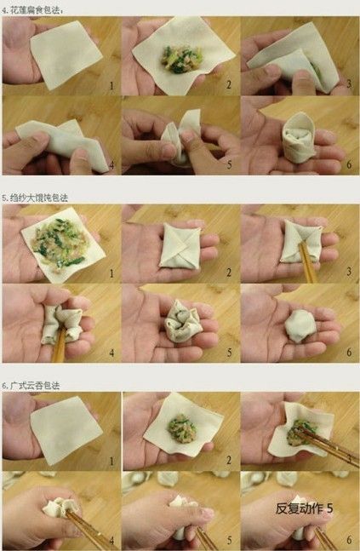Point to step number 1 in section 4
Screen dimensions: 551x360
(x=111, y=85)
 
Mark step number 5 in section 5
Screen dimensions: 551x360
(x=228, y=352)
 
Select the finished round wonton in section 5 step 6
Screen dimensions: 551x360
(x=299, y=324)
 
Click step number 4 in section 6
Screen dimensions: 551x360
(x=111, y=540)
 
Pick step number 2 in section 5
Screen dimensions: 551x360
(x=229, y=274)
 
